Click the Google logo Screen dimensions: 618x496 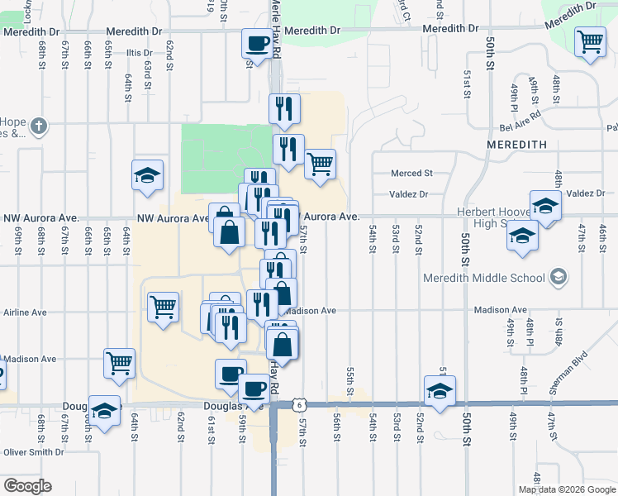27,486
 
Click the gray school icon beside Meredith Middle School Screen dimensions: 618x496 559,276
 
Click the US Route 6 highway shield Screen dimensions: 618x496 298,404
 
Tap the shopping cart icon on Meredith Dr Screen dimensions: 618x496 590,41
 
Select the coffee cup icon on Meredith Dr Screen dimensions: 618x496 257,42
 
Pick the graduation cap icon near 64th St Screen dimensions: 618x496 147,175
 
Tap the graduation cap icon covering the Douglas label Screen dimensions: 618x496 104,412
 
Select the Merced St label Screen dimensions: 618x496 411,174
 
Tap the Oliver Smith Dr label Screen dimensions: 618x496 34,452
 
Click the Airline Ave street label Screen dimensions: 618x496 26,312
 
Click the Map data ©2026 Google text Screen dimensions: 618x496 567,489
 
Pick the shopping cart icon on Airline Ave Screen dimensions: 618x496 163,308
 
